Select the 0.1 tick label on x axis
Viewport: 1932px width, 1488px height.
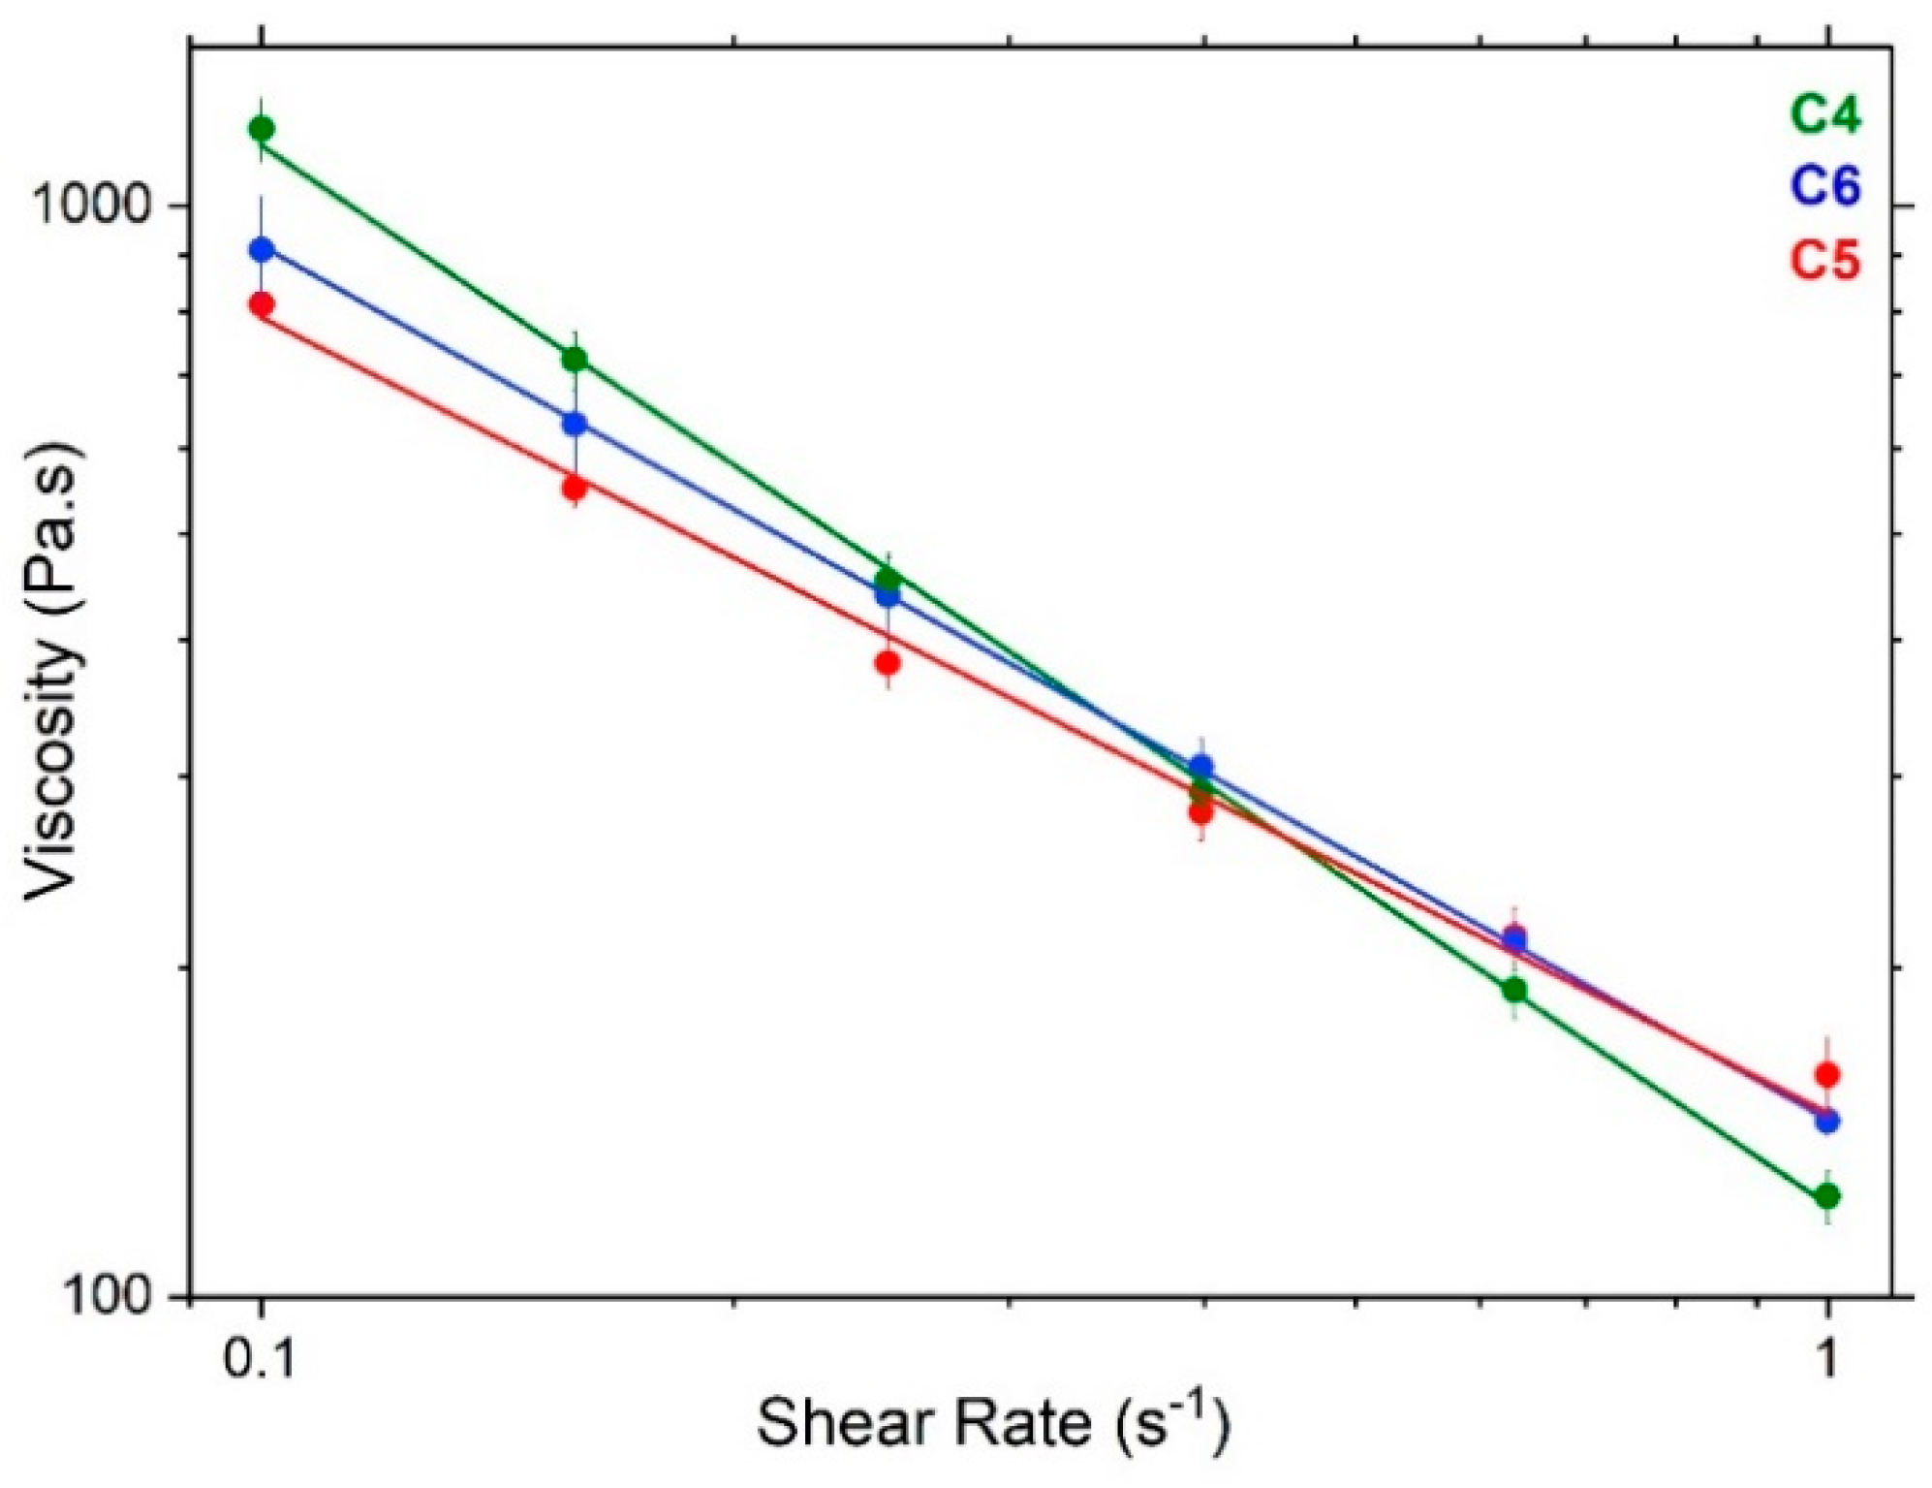(259, 1360)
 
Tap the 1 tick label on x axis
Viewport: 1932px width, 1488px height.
(1827, 1360)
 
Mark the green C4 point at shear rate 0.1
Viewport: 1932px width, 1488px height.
(261, 128)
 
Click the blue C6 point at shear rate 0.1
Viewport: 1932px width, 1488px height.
(261, 249)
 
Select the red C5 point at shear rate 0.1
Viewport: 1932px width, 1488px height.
(261, 304)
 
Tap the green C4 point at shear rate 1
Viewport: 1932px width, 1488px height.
(1827, 1196)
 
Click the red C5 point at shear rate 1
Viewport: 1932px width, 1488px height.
(1827, 1074)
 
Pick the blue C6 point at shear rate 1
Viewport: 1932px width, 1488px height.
(1827, 1122)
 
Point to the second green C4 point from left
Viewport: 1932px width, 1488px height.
(575, 359)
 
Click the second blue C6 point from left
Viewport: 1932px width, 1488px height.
(575, 424)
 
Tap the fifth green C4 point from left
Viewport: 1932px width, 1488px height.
(1514, 991)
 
